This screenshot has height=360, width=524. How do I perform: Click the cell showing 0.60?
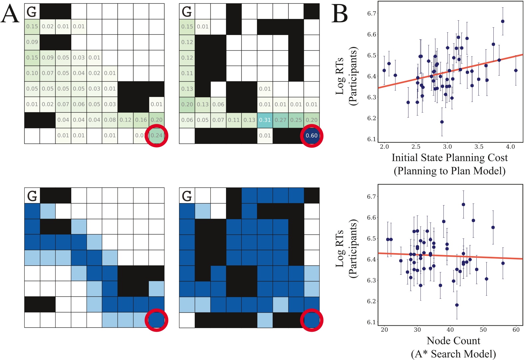[x=312, y=136]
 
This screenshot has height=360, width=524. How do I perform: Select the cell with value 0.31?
[x=265, y=120]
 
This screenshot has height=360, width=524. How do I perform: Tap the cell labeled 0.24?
[x=156, y=136]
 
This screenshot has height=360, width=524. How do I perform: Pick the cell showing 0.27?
[x=281, y=120]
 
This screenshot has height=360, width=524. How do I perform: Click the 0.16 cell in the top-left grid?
[x=141, y=120]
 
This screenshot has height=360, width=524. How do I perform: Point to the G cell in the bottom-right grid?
[x=187, y=196]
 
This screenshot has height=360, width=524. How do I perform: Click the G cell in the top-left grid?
[x=32, y=12]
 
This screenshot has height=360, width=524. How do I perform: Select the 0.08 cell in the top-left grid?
[x=110, y=120]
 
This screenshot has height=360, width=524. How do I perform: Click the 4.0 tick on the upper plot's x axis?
[x=510, y=147]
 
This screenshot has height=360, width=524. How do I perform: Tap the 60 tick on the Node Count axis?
[x=516, y=330]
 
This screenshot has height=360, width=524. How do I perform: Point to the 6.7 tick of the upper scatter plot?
[x=372, y=14]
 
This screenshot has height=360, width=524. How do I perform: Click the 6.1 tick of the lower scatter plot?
[x=372, y=322]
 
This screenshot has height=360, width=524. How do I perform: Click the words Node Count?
[x=453, y=341]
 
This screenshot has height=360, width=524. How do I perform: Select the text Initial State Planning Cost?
[x=449, y=158]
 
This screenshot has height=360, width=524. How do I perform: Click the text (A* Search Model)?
[x=453, y=354]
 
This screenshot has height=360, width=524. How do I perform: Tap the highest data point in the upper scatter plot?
[x=503, y=21]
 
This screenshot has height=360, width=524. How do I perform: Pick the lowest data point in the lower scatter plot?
[x=457, y=305]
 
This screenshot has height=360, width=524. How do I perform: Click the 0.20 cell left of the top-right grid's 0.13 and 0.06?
[x=187, y=104]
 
